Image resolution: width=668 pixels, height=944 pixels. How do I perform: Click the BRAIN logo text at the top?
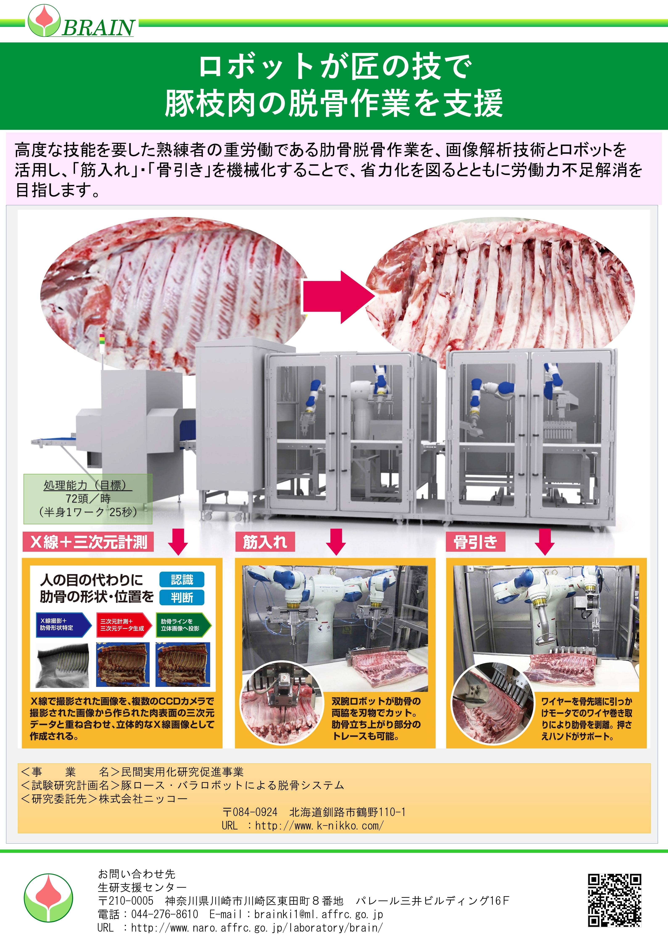point(98,28)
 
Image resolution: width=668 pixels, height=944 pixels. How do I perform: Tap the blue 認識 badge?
point(182,580)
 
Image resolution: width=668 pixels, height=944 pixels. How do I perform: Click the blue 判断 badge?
point(182,597)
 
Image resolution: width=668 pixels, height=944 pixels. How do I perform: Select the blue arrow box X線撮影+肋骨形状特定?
point(63,625)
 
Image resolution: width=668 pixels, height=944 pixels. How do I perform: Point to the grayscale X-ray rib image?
point(63,665)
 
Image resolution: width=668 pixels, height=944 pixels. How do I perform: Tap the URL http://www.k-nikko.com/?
point(319,825)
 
